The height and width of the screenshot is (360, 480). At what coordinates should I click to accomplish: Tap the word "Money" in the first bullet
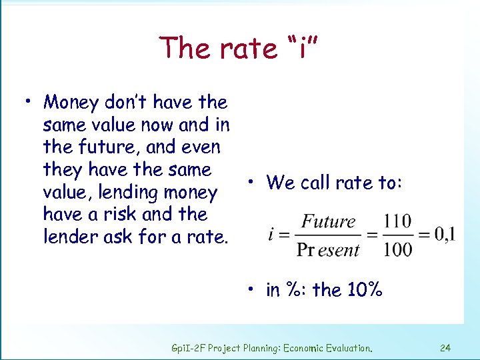[x=70, y=103]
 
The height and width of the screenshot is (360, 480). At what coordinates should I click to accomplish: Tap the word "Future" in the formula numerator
[x=329, y=221]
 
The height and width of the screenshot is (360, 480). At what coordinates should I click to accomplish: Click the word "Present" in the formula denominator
[x=328, y=250]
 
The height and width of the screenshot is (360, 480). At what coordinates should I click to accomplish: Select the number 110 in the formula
[x=397, y=221]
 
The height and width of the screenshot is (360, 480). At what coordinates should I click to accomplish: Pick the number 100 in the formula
[x=397, y=250]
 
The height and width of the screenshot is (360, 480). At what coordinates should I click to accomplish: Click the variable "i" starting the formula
[x=273, y=235]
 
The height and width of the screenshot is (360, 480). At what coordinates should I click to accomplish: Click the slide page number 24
[x=445, y=347]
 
